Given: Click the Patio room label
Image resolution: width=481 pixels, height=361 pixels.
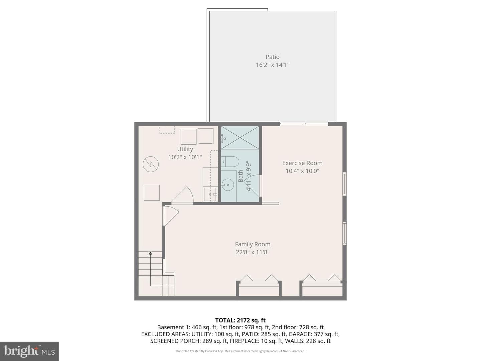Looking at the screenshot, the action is click(x=272, y=57).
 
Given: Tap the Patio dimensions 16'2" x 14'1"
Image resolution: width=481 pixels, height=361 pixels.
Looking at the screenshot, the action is click(x=272, y=65).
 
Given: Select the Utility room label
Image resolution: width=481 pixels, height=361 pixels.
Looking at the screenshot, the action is click(x=185, y=149).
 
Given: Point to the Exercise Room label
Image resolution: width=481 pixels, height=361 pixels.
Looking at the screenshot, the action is click(x=302, y=163).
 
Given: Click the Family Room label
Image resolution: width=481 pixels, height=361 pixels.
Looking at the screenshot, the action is click(x=253, y=244).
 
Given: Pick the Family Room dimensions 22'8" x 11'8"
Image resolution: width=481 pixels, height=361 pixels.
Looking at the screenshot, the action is click(x=253, y=252).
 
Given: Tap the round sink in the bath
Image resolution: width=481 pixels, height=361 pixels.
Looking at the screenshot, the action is click(x=227, y=185).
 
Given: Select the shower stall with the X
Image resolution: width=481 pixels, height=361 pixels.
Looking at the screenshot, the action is click(x=240, y=138).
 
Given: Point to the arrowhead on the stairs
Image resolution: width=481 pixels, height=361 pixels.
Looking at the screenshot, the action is click(x=150, y=253).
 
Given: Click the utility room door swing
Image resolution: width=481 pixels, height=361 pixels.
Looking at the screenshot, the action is click(x=182, y=195).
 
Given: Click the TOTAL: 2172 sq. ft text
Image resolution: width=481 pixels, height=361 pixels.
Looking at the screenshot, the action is click(x=240, y=320).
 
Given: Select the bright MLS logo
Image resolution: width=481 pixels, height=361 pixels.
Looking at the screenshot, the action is click(x=29, y=351).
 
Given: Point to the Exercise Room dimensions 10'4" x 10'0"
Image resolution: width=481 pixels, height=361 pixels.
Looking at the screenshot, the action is click(x=302, y=171).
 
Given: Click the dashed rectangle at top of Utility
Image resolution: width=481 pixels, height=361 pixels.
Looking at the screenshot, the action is click(x=167, y=130).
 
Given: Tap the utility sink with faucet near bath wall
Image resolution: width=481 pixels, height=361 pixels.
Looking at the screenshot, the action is click(x=210, y=195).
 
